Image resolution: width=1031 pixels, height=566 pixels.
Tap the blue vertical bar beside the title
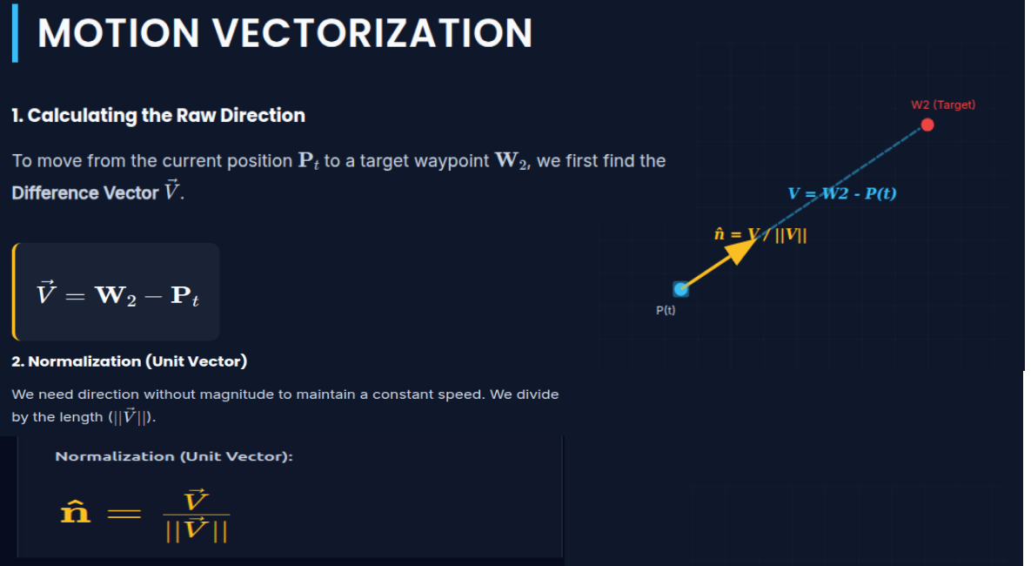(15, 33)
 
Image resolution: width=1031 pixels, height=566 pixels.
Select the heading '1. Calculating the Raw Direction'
(158, 116)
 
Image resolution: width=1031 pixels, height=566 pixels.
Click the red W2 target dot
(927, 125)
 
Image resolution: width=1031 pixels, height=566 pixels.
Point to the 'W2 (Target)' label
(943, 104)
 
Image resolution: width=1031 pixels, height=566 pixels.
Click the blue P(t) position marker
(681, 289)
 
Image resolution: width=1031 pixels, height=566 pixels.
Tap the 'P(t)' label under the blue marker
(666, 310)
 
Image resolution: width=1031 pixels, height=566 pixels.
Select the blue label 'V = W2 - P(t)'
(841, 193)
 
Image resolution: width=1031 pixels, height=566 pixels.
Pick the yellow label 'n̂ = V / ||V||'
(760, 234)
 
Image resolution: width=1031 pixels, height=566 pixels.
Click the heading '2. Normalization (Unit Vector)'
(130, 361)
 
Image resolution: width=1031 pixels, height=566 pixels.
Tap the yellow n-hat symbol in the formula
(75, 512)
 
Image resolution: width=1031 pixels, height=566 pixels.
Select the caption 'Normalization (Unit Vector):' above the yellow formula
(174, 456)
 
